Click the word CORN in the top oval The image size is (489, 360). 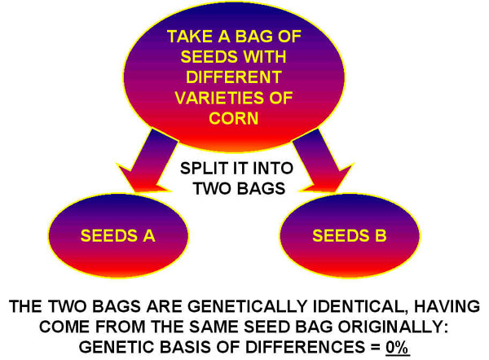[x=234, y=118]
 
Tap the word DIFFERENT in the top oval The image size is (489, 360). [x=234, y=77]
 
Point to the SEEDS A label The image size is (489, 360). [x=118, y=235]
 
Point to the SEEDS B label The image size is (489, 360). [x=350, y=235]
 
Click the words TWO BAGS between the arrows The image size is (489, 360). [x=239, y=189]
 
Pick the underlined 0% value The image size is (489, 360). [x=398, y=347]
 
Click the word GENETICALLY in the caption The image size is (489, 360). [x=247, y=306]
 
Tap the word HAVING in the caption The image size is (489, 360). [x=447, y=306]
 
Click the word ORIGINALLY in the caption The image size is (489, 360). [x=394, y=327]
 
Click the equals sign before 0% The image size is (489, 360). [x=375, y=348]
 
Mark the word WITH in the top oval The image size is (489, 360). [x=265, y=57]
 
